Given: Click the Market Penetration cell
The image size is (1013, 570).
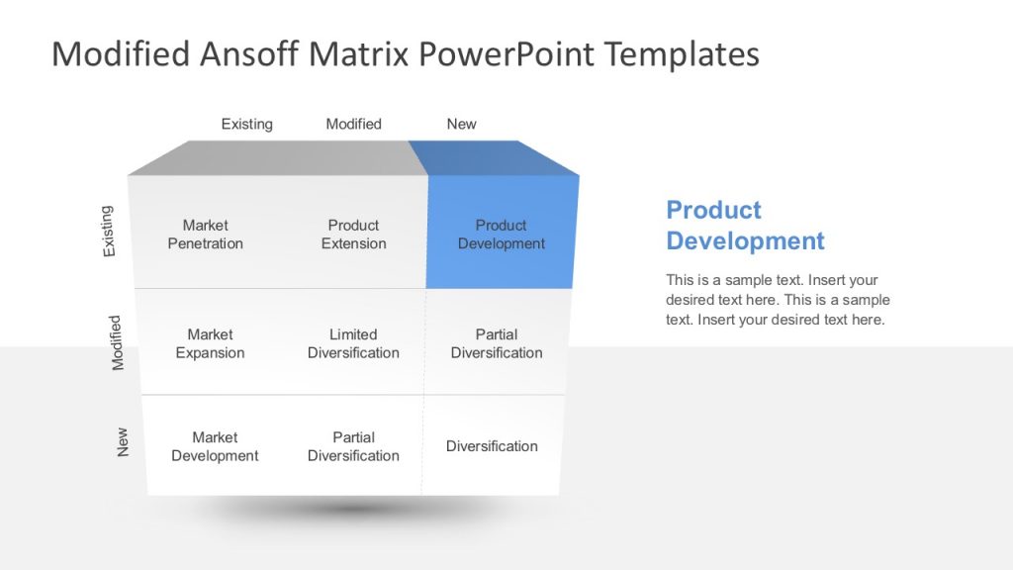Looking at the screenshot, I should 205,235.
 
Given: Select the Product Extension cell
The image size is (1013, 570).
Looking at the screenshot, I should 353,235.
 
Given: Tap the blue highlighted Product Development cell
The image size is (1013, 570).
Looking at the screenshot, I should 501,235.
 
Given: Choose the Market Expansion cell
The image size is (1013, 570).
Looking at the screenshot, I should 210,343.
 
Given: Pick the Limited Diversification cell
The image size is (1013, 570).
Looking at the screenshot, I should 353,343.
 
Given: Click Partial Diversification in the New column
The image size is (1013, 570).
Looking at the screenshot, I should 497,343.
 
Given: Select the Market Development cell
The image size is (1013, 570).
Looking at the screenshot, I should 215,446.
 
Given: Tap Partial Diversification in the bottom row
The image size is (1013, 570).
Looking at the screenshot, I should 353,446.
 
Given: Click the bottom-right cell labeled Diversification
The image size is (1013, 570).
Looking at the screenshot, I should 492,446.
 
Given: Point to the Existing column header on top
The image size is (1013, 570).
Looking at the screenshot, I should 246,124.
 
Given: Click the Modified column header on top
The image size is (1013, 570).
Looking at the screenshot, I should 353,124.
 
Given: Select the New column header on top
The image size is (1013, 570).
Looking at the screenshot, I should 461,124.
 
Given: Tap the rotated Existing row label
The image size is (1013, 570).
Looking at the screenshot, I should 108,232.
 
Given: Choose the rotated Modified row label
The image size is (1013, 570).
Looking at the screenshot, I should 117,342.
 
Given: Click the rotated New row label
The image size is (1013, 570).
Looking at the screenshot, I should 123,441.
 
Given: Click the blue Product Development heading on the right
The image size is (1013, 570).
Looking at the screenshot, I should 744,225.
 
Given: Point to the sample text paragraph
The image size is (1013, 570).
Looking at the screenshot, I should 778,300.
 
